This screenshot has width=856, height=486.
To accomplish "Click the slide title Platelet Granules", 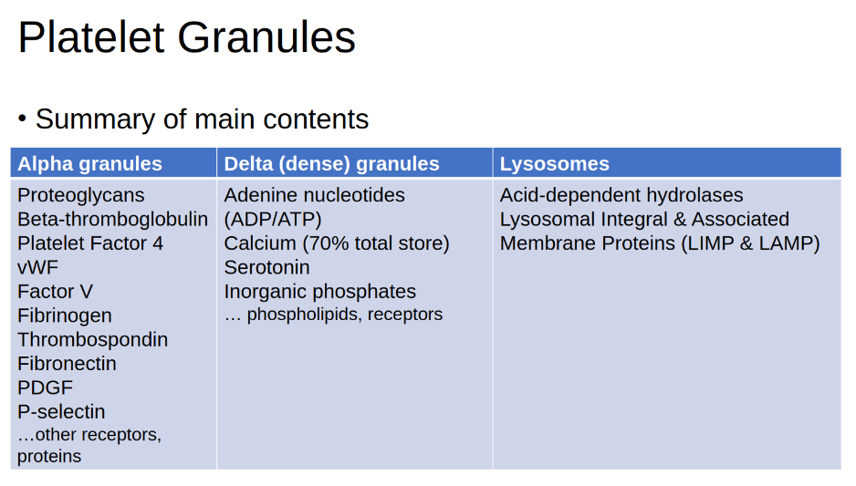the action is coord(187,37).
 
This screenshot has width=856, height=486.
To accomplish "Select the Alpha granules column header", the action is coord(89,163).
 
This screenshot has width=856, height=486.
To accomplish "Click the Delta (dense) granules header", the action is coord(331,163).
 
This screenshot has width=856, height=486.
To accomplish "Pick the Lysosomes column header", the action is coord(554,163).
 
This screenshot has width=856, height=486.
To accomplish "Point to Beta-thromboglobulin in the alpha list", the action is coord(112,219).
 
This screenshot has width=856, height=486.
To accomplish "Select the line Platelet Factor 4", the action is coord(90,243).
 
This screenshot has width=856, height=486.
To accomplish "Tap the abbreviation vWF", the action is coord(37,267).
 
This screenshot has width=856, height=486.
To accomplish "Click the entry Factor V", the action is coord(55,291).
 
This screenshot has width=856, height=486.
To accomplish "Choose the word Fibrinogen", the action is coord(65,315).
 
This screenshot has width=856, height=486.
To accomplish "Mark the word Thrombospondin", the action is coord(92,340).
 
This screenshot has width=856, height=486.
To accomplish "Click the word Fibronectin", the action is coord(67,363).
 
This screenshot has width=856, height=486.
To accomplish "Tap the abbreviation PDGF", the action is coord(45,388).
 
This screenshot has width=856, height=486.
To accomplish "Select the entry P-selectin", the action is coord(61,412).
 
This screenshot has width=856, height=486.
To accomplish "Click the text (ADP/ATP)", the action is coord(273,219).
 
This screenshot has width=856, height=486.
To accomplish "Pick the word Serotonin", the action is coord(267,267).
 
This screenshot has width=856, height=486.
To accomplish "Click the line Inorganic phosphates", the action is coord(320,292).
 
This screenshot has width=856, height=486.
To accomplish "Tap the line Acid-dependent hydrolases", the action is coord(621,195).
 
